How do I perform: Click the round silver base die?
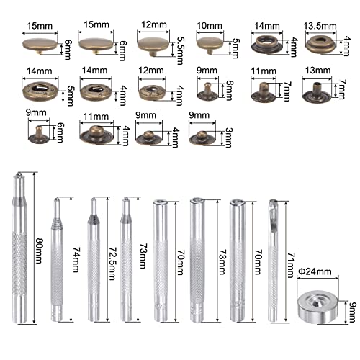tap(318, 302)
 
